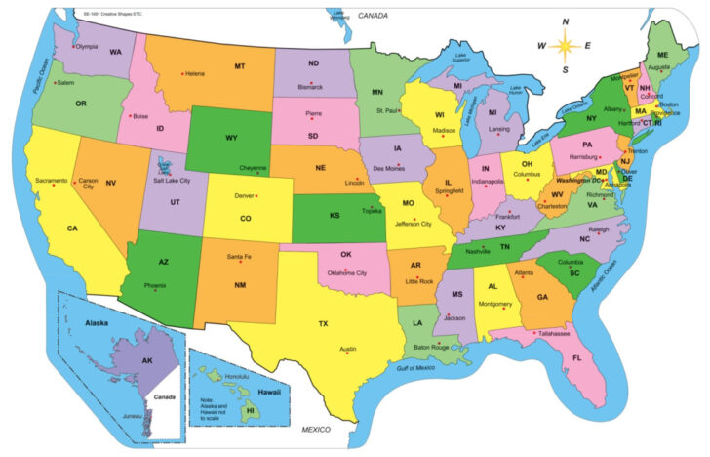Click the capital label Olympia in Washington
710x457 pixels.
point(87,46)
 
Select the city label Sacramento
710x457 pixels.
point(51,181)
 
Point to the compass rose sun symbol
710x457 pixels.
point(565,45)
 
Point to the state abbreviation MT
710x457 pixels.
point(239,66)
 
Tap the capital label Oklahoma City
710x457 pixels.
point(346,272)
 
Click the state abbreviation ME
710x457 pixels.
point(662,53)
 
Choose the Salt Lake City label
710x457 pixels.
point(172,181)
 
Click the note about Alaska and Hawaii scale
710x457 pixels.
point(218,404)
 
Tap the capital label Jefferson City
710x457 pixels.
point(413,224)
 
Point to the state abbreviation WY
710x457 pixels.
point(231,138)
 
